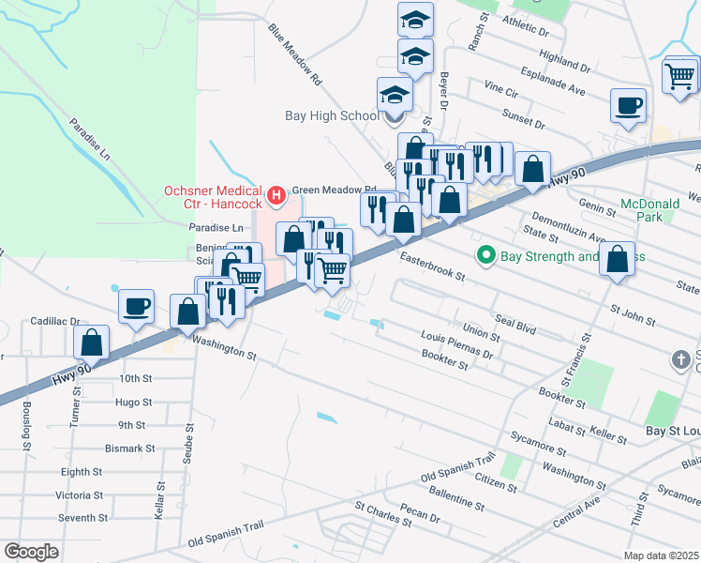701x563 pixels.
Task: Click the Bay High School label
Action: point(333,116)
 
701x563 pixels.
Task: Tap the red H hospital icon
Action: point(276,195)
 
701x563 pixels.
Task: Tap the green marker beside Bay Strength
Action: point(485,255)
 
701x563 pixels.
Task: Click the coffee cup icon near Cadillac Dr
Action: point(137,306)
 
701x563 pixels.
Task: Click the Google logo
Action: point(32,551)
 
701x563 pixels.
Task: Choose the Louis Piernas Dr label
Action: point(457,343)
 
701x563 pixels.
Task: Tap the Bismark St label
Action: point(129,449)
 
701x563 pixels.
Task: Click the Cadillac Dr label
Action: point(55,321)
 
